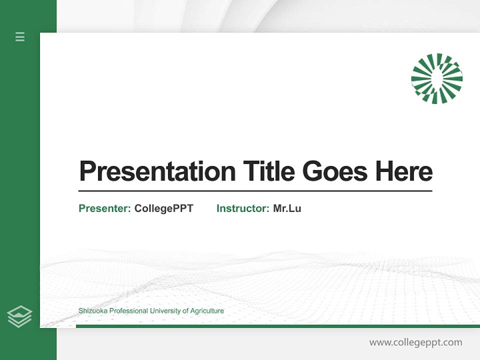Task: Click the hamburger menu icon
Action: tap(20, 36)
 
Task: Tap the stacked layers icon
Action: tap(19, 316)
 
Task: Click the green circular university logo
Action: tap(436, 78)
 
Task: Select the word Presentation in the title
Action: tap(157, 171)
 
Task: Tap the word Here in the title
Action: tap(404, 171)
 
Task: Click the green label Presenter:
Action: tap(105, 208)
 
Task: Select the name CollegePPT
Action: tap(163, 208)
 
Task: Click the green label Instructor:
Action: tap(243, 208)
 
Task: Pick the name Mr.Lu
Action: tap(287, 208)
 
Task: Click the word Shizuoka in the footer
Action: tap(92, 311)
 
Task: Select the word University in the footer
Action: tap(165, 311)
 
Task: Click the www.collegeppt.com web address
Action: tap(415, 342)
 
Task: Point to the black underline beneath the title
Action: tap(255, 190)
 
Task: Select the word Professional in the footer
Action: tap(128, 311)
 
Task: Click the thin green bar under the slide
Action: tap(277, 326)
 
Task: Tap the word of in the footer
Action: tap(185, 311)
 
